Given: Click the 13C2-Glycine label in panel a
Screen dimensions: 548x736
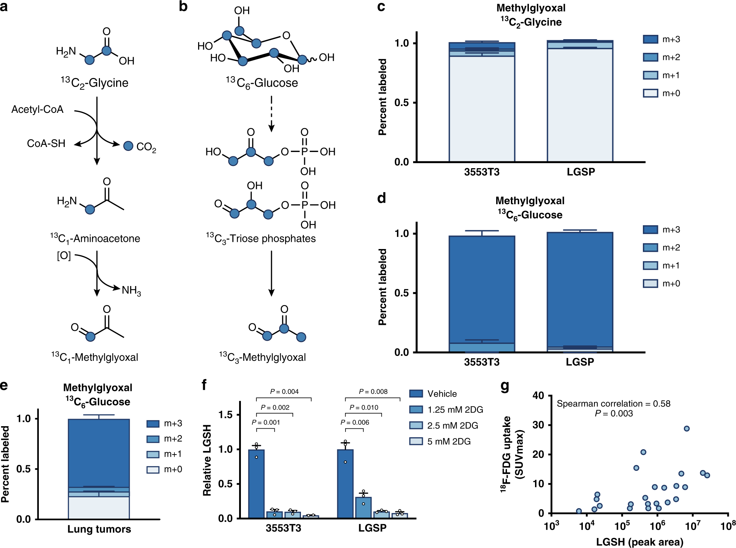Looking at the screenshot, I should (95, 83).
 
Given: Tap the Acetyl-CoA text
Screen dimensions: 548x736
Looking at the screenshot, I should (37, 109).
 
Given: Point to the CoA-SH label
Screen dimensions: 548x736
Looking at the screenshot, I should (46, 143).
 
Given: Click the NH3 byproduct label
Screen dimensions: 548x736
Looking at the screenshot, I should (131, 290).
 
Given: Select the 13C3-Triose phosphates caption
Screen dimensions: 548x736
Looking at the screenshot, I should (261, 238).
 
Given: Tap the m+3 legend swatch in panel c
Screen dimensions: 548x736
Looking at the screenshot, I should (650, 39).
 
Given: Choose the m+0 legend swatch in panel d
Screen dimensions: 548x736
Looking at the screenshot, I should (650, 284).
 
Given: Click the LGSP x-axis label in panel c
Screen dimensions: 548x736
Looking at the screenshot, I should (581, 172).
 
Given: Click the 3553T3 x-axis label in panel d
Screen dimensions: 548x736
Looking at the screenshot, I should (481, 362).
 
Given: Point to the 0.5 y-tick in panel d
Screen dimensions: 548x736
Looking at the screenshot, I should (402, 293).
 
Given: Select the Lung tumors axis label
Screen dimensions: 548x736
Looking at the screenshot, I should (99, 529).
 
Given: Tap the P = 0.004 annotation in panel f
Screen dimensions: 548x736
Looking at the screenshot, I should (284, 391).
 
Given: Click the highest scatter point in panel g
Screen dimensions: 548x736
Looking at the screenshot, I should (686, 428).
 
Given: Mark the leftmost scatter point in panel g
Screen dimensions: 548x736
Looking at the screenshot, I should (579, 511).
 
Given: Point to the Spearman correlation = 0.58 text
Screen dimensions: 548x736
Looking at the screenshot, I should (613, 404).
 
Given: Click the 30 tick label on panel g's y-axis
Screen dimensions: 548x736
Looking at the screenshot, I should (538, 425).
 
